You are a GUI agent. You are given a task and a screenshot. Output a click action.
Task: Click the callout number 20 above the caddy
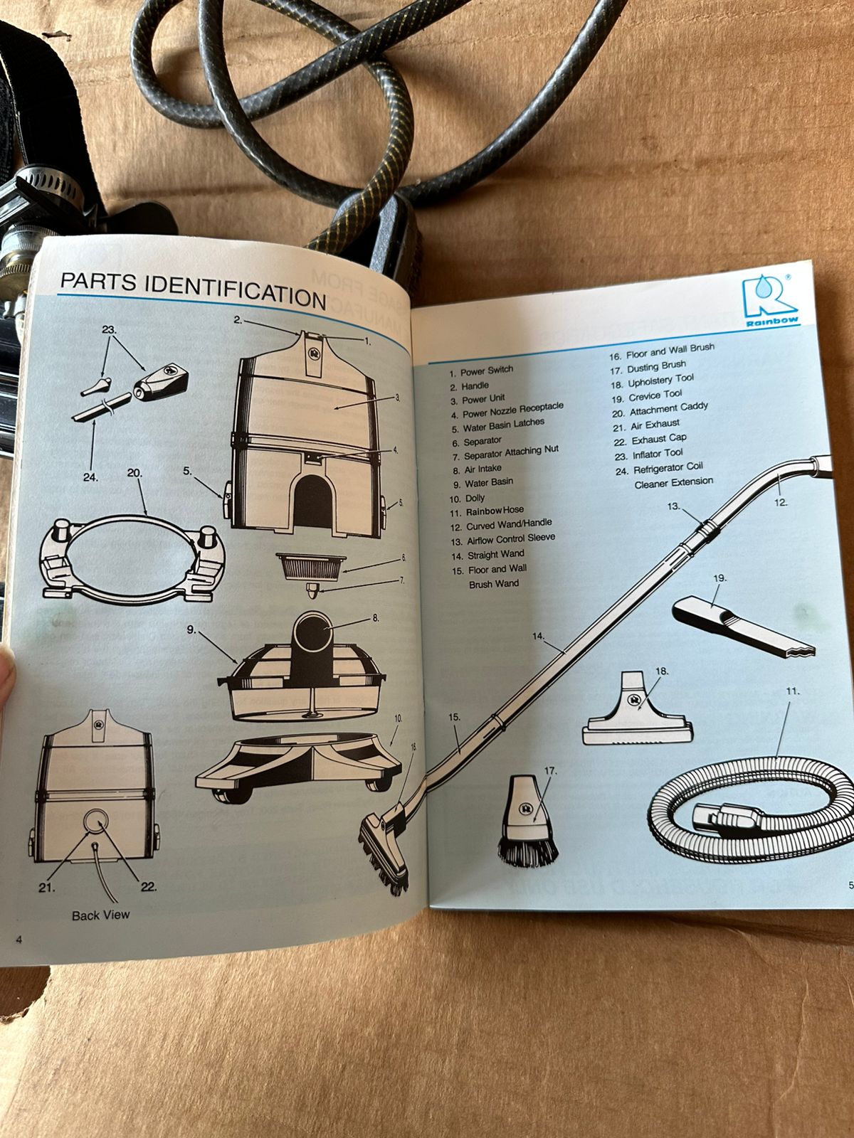pyautogui.click(x=135, y=473)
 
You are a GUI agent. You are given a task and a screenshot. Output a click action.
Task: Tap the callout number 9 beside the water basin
pyautogui.click(x=192, y=630)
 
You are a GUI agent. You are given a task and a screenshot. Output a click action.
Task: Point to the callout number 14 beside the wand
pyautogui.click(x=538, y=636)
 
